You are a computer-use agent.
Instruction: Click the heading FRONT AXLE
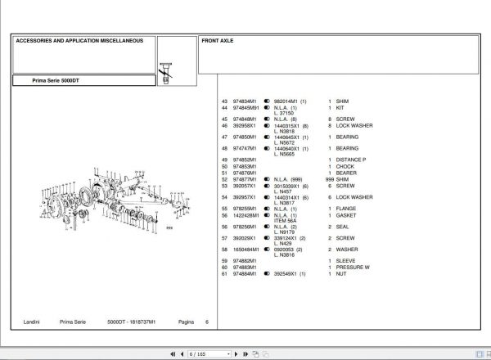[x=218, y=39]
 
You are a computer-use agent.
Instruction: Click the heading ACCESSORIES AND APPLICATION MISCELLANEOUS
[x=79, y=39]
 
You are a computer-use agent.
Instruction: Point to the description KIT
[x=340, y=108]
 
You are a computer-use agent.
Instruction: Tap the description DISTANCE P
[x=351, y=160]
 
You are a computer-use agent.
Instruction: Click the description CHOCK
[x=345, y=166]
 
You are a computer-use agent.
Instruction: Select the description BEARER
[x=346, y=173]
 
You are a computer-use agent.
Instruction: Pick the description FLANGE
[x=346, y=209]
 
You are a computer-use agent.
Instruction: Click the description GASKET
[x=346, y=215]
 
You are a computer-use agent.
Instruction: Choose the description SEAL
[x=342, y=227]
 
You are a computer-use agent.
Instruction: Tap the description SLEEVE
[x=345, y=261]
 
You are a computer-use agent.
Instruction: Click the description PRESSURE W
[x=353, y=268]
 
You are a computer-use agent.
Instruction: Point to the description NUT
[x=340, y=274]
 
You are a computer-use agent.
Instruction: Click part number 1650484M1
[x=246, y=250]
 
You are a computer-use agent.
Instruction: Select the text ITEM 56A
[x=286, y=221]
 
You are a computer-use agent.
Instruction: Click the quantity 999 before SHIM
[x=330, y=179]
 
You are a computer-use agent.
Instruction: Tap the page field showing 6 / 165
[x=197, y=354]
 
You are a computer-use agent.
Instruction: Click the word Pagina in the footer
[x=187, y=322]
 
